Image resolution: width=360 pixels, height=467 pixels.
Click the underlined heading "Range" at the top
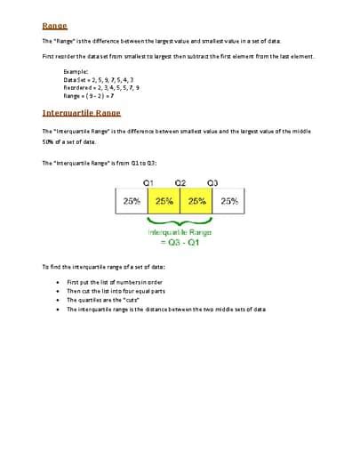pos(54,26)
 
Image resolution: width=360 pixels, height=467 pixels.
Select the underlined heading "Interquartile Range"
pos(81,113)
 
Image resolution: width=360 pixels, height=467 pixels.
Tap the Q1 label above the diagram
pos(148,182)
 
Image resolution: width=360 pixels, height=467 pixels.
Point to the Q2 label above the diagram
pos(180,182)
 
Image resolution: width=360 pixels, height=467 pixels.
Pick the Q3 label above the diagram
pos(212,182)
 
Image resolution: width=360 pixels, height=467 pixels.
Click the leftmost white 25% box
pos(132,201)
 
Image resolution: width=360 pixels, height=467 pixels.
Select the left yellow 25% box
pos(164,201)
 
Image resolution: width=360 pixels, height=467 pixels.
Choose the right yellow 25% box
pos(196,201)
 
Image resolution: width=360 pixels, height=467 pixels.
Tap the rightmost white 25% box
pos(229,201)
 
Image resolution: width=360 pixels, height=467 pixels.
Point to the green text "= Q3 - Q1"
pos(180,243)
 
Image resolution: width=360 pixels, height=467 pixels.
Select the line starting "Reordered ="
pos(101,88)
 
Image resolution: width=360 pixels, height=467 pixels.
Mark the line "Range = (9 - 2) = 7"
pos(89,96)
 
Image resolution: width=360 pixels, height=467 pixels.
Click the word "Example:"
pos(76,71)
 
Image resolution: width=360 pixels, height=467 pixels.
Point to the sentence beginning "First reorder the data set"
pos(178,56)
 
